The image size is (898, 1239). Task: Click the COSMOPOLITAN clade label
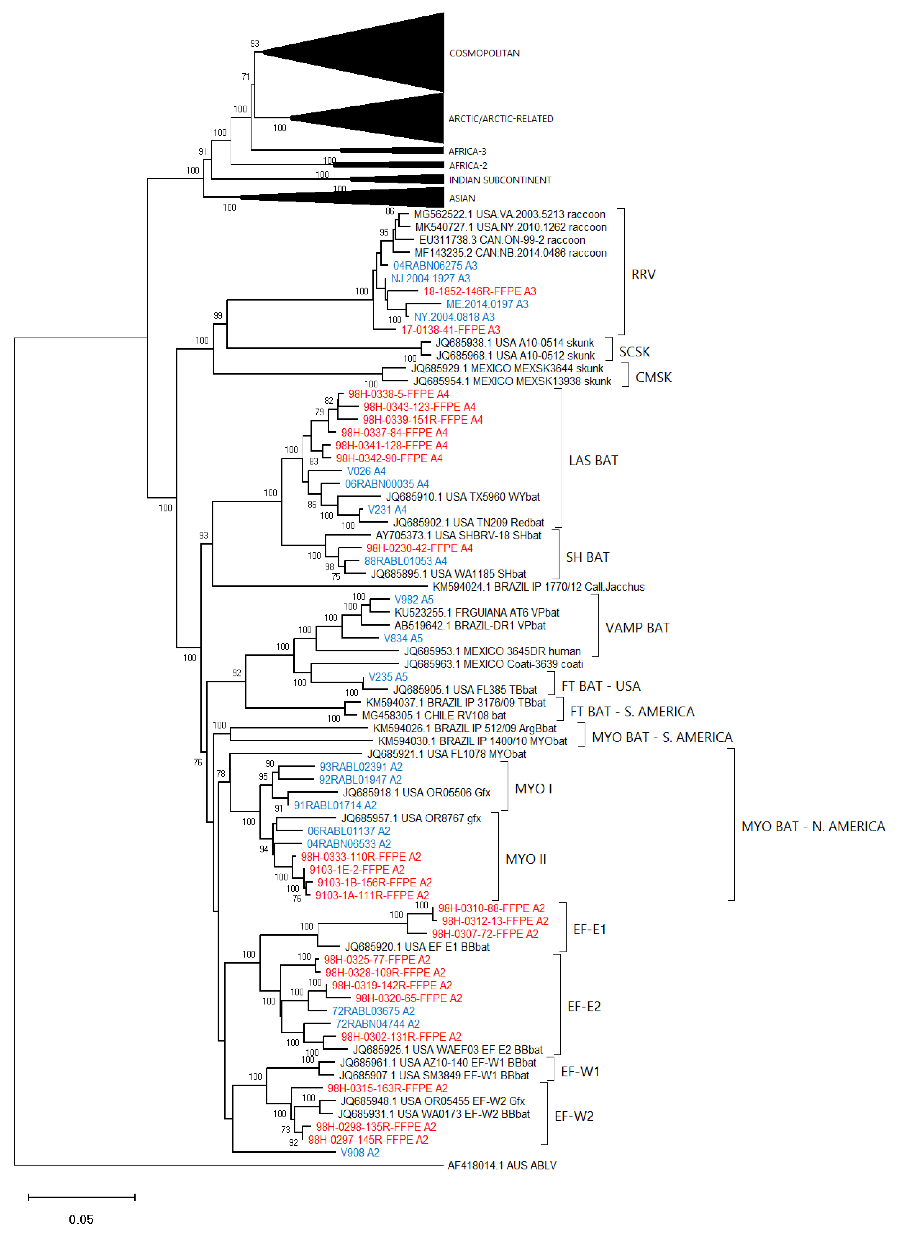[x=484, y=53]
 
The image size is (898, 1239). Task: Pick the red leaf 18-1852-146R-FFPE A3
[x=479, y=291]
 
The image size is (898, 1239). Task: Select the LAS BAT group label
[x=593, y=460]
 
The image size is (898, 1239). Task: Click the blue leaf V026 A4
[x=366, y=471]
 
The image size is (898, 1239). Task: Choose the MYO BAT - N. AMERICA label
[x=812, y=826]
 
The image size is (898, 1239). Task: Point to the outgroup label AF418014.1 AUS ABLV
[x=501, y=1165]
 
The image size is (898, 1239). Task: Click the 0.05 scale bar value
[x=81, y=1219]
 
